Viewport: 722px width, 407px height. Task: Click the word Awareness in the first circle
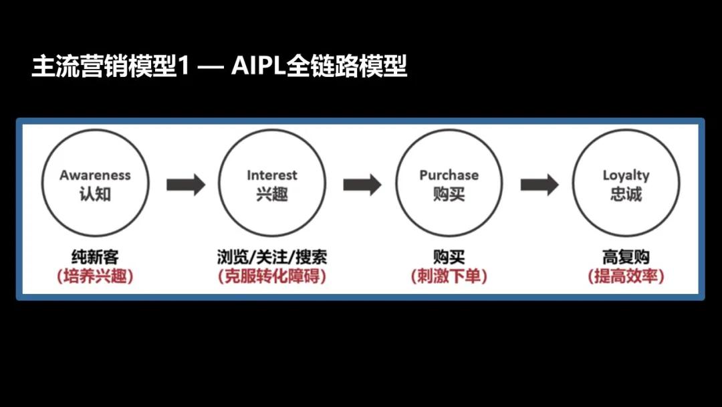[x=95, y=175]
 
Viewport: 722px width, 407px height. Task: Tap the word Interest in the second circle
[x=272, y=175]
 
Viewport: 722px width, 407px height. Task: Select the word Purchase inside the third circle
[x=449, y=175]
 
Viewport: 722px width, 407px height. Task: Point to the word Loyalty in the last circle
[x=626, y=175]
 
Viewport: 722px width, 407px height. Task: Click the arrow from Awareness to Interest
[x=185, y=184]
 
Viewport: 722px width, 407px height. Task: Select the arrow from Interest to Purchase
[x=362, y=184]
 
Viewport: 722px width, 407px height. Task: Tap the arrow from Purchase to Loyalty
[x=539, y=184]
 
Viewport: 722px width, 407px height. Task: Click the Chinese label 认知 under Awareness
[x=95, y=195]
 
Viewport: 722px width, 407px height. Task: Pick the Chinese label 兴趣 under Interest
[x=272, y=195]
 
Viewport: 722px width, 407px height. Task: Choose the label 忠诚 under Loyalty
[x=626, y=195]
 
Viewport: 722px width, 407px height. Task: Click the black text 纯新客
[x=95, y=257]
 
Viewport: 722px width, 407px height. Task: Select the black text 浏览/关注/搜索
[x=272, y=257]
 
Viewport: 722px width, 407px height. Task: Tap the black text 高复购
[x=626, y=257]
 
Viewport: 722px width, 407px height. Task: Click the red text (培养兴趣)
[x=95, y=276]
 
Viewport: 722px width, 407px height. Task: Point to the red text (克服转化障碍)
[x=272, y=276]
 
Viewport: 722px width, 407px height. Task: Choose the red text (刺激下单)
[x=449, y=276]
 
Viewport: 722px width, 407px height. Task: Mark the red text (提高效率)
[x=626, y=276]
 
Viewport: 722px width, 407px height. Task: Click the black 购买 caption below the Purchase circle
[x=449, y=257]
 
